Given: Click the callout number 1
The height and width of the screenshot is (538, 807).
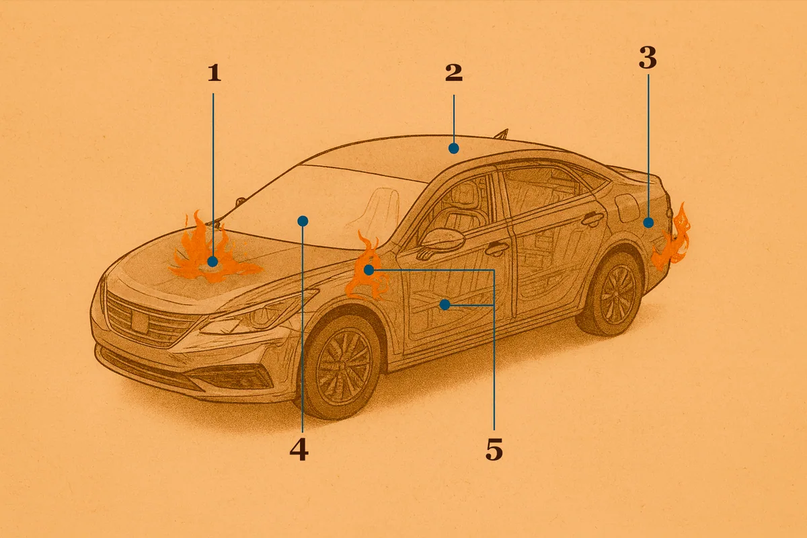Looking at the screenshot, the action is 215,73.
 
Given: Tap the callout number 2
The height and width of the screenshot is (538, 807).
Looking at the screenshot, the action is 453,73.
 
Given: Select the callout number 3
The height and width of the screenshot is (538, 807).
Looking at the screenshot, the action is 648,58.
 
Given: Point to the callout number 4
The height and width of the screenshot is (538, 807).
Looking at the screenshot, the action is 299,449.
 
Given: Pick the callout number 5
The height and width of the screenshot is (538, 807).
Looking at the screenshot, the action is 494,449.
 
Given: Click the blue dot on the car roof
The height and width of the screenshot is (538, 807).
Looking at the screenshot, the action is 453,148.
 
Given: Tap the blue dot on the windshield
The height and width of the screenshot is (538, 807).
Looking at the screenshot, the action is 303,221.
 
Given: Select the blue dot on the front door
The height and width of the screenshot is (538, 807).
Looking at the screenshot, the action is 445,305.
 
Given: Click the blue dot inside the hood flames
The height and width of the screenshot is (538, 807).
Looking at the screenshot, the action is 213,262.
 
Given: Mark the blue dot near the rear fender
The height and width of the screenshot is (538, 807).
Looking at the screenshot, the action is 648,223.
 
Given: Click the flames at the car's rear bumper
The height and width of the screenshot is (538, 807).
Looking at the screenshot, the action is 672,239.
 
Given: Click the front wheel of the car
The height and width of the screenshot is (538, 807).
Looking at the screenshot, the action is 340,366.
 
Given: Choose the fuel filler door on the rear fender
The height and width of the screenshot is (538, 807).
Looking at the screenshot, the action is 627,208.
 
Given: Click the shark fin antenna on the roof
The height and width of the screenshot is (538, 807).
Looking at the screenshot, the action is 502,134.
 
